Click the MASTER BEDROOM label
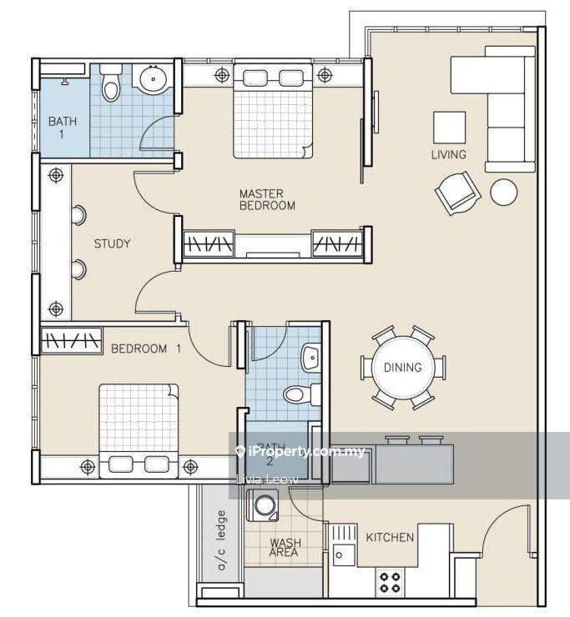(x=267, y=199)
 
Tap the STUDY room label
(x=113, y=243)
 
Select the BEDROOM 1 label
(x=146, y=349)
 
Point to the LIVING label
(x=449, y=154)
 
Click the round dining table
(x=403, y=367)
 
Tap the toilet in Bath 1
(x=110, y=83)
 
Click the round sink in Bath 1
(x=153, y=78)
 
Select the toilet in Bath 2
(x=302, y=394)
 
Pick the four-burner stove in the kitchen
(x=389, y=582)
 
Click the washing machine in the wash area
(x=263, y=504)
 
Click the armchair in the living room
(x=457, y=193)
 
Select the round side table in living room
(x=503, y=192)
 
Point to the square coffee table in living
(x=449, y=127)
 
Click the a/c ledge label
(x=222, y=540)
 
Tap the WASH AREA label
(x=285, y=547)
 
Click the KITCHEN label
(x=390, y=537)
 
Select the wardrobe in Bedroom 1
(x=71, y=340)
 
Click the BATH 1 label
(x=63, y=128)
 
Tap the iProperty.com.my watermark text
(x=300, y=451)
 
